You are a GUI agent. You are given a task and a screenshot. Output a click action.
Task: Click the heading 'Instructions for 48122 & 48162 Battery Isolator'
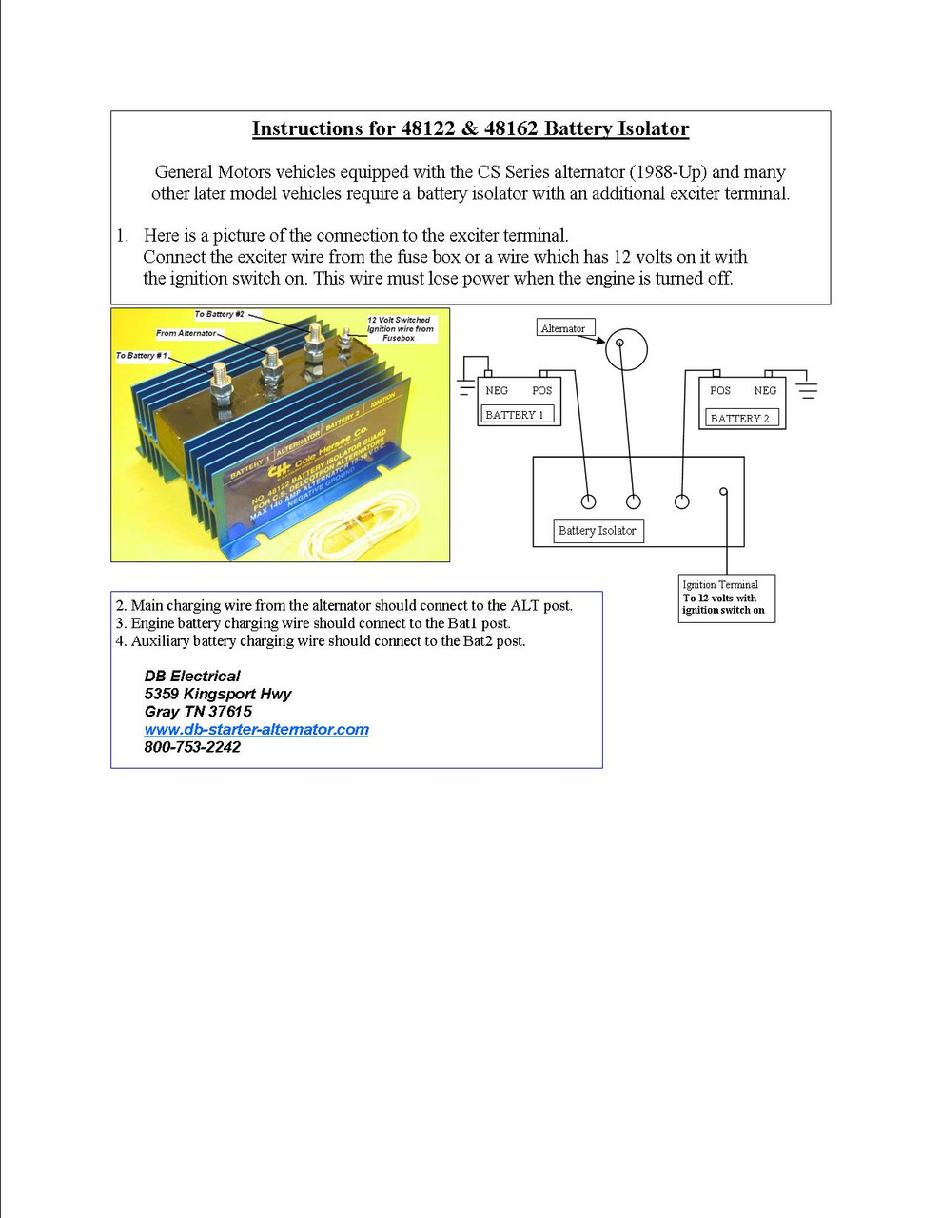coord(470,128)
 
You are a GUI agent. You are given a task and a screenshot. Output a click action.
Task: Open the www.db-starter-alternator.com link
coord(256,729)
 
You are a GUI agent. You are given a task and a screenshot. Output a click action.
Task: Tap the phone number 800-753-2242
coord(192,747)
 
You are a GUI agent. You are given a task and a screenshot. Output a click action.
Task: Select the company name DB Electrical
coord(192,676)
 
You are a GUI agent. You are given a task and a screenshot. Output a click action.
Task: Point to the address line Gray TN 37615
coord(198,711)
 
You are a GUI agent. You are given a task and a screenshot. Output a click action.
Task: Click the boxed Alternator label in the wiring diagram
coord(563,328)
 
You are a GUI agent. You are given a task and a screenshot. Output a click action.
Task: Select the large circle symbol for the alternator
coord(626,349)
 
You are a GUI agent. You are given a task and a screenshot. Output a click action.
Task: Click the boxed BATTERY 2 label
coord(741,418)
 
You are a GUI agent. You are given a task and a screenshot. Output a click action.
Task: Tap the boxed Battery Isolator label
coord(598,531)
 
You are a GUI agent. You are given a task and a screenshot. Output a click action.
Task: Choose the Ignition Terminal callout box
coord(727,598)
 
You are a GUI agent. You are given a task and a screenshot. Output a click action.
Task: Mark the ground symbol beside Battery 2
coord(807,390)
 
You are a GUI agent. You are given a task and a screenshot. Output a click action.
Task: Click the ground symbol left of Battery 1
coord(465,387)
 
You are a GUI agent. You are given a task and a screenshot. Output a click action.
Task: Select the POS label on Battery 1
coord(541,390)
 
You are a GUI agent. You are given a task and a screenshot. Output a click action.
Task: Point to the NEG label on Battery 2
coord(765,390)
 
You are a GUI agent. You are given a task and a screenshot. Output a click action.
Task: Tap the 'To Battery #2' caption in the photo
coord(220,314)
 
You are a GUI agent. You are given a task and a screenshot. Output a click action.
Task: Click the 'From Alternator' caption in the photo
coord(186,333)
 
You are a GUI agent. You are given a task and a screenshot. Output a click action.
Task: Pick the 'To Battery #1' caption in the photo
coord(142,355)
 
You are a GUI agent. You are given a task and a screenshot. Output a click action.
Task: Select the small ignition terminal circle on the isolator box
coord(724,492)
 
